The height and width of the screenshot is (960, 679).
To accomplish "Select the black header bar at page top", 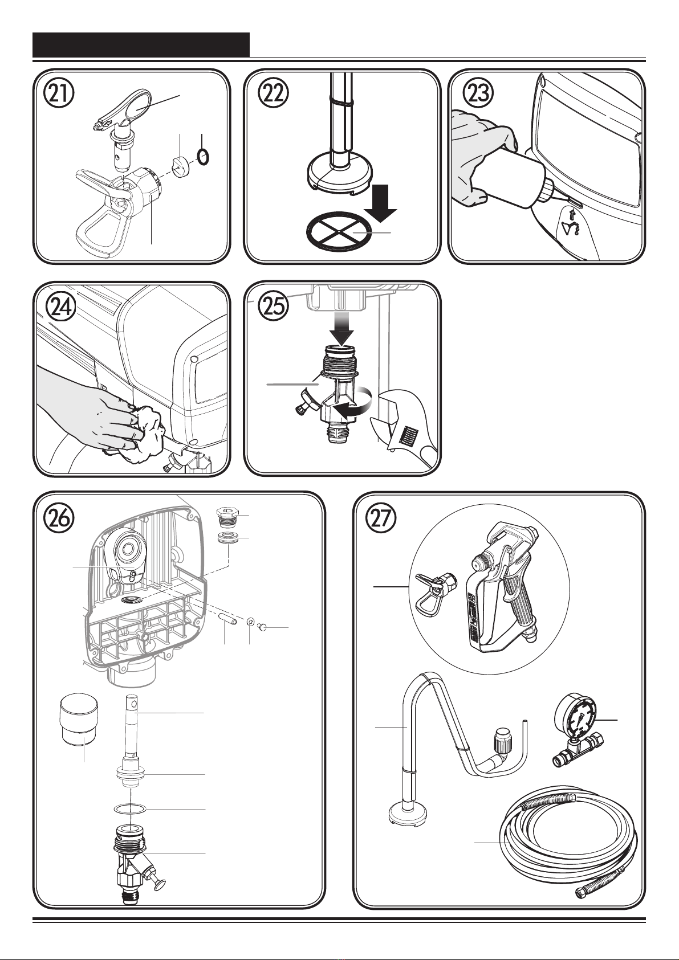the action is pos(141,44).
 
